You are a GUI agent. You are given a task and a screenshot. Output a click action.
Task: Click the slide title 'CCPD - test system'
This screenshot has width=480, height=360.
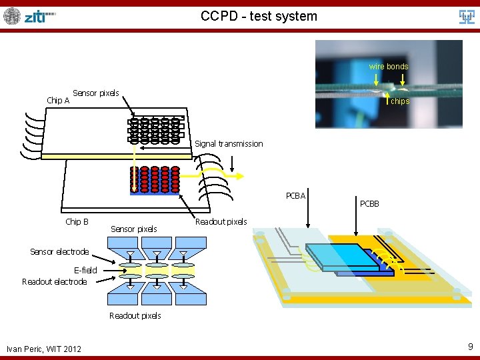259,16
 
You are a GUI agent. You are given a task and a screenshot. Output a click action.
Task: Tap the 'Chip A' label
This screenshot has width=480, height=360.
58,101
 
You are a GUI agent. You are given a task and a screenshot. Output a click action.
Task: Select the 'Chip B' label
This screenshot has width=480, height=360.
77,221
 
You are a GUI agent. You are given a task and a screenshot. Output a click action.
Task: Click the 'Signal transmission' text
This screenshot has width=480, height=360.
229,143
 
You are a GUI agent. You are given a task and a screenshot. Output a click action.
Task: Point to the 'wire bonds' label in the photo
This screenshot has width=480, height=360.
389,67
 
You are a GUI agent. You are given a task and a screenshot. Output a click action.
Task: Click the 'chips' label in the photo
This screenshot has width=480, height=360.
400,101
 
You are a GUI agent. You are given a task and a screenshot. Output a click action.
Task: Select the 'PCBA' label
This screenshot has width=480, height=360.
295,195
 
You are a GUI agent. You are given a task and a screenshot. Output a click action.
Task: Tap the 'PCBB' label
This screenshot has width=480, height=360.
369,203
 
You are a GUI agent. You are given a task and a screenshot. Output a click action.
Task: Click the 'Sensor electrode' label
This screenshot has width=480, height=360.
59,251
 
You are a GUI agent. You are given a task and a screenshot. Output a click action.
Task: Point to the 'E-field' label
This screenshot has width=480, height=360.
85,270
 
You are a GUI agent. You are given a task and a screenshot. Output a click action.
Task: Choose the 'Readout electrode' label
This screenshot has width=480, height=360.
55,281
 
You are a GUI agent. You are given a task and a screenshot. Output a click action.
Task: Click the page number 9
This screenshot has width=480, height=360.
470,347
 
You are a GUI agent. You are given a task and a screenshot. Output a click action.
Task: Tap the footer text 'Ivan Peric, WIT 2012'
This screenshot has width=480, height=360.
44,349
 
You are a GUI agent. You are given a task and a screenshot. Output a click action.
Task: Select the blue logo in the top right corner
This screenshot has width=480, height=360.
467,16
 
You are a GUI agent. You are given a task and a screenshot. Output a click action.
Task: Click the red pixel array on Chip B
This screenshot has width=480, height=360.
155,179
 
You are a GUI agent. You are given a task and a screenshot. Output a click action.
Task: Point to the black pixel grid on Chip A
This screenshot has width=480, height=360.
155,130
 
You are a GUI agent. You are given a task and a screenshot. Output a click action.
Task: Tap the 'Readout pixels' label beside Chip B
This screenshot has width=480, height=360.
221,221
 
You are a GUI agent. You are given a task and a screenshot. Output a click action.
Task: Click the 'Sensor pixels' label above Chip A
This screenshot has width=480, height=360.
95,93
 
